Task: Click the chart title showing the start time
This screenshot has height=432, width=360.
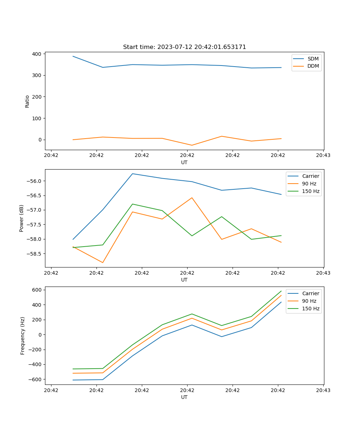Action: tap(184, 47)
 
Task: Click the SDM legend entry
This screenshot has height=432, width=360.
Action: tap(313, 59)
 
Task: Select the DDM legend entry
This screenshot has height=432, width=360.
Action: tap(313, 66)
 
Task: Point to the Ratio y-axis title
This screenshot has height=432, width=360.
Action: tap(27, 102)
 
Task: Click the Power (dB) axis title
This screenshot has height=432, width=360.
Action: tap(22, 218)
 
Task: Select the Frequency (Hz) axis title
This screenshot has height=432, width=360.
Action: tap(23, 336)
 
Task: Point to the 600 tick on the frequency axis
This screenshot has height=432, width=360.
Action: tap(37, 290)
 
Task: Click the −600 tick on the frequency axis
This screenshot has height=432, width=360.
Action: tap(35, 379)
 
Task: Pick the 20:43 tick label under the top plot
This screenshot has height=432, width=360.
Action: tap(323, 156)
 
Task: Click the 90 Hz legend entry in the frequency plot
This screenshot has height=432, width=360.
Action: tap(309, 301)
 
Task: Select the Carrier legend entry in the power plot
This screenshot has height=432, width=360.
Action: tap(310, 176)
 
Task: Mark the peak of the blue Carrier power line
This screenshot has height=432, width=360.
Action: tap(132, 174)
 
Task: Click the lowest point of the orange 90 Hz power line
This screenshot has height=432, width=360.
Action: tap(103, 263)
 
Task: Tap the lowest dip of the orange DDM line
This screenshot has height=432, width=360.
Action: tap(192, 145)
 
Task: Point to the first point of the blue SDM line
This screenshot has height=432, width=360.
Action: tap(73, 56)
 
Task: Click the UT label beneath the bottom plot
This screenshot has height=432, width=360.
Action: tap(184, 397)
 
